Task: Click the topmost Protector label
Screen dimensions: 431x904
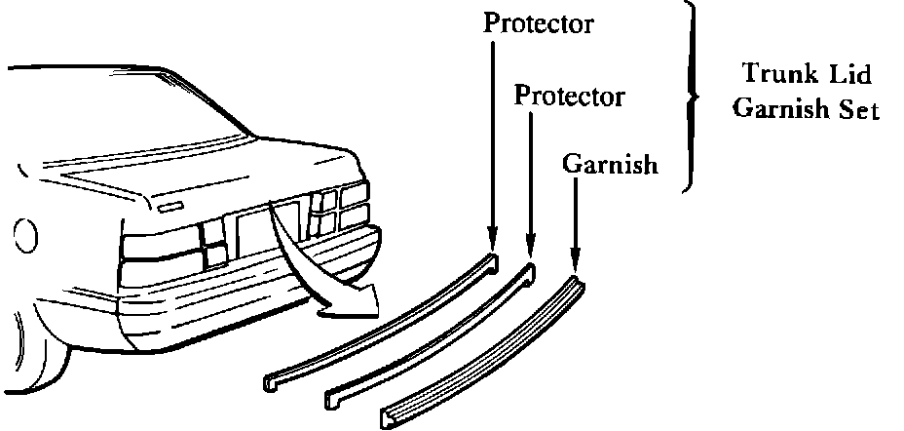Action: [x=539, y=23]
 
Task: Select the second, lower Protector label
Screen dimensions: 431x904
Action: [x=569, y=97]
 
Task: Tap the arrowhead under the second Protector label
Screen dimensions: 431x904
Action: [x=530, y=248]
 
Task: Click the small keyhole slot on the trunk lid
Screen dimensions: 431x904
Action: [x=170, y=208]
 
